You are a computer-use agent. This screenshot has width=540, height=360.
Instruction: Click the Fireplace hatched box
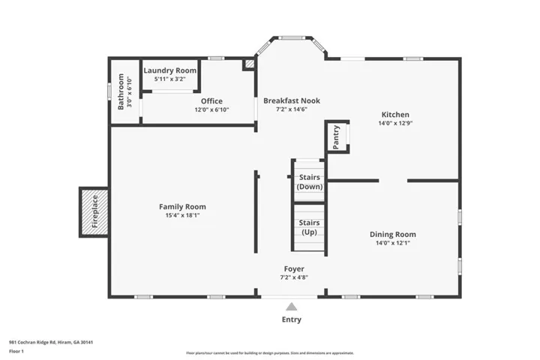[94, 212]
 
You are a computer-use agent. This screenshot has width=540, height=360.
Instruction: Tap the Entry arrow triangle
[291, 307]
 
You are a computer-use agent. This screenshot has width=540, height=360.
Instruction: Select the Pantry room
[337, 136]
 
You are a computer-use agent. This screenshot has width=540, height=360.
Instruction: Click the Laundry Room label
[169, 70]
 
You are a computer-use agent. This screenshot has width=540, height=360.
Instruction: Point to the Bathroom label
[121, 91]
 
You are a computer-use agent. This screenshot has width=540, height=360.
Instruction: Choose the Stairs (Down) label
[309, 182]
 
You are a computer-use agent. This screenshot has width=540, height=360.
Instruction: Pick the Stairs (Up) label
[309, 227]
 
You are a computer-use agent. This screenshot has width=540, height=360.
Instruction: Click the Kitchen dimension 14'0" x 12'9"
[395, 123]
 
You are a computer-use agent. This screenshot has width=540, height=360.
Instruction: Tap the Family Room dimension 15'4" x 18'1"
[182, 215]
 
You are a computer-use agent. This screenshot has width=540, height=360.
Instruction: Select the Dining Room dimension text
[392, 243]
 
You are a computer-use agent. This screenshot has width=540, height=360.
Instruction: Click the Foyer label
[294, 268]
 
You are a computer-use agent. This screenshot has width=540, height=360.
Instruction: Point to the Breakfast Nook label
[292, 100]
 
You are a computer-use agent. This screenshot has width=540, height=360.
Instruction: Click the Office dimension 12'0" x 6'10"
[211, 110]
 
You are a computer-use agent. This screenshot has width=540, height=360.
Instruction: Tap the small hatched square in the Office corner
[250, 64]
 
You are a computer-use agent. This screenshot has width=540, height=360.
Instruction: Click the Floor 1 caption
[16, 352]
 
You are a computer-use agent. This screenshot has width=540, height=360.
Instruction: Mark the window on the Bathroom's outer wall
[109, 91]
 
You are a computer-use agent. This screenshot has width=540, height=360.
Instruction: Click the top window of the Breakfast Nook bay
[292, 38]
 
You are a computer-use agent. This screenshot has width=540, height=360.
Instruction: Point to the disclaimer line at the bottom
[270, 353]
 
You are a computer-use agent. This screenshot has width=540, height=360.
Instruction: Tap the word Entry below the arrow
[291, 319]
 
